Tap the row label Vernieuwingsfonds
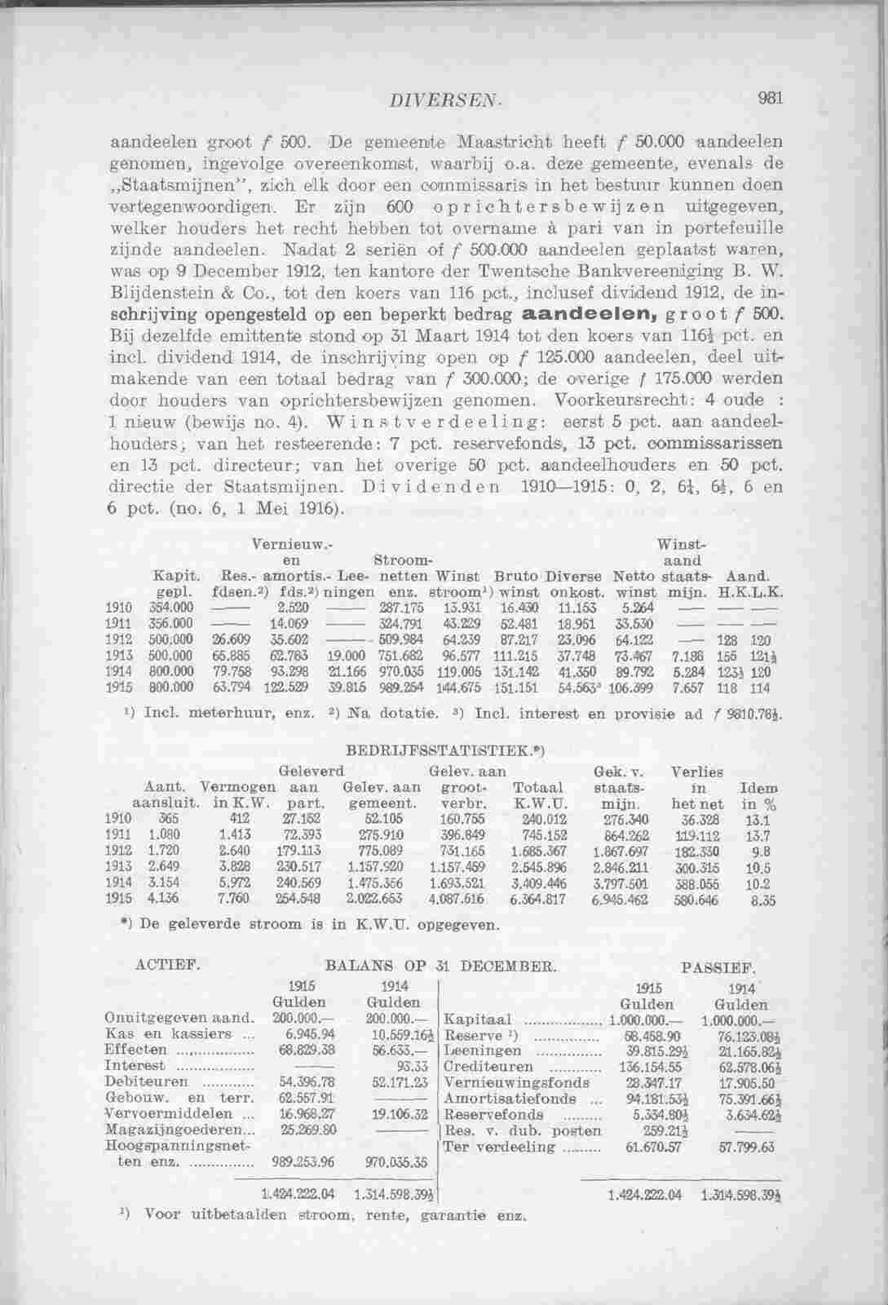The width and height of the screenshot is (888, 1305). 515,1082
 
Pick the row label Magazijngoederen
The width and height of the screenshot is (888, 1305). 175,1130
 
